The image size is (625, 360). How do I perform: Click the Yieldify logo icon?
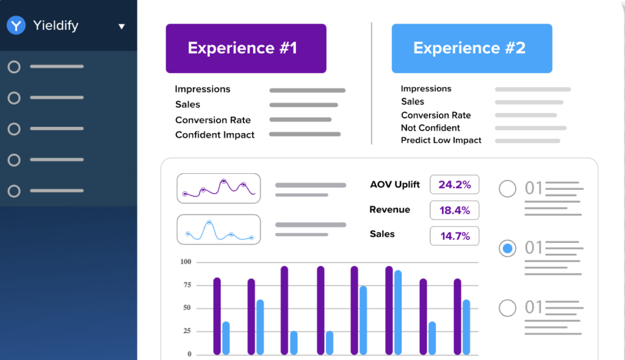16,26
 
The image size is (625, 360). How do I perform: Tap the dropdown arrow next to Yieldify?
121,26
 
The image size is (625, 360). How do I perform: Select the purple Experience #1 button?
246,48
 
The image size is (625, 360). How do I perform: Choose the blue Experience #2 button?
472,48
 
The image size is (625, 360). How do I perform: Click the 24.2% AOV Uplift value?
455,184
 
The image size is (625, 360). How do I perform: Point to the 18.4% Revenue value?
455,211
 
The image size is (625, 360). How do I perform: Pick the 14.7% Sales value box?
455,236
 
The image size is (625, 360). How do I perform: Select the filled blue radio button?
507,248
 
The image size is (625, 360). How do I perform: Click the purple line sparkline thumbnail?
219,189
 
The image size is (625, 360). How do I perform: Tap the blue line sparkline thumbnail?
219,229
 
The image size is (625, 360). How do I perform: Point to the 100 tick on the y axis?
186,262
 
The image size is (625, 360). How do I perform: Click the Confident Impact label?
215,135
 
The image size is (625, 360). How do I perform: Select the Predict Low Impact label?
441,140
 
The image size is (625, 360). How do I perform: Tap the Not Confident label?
431,128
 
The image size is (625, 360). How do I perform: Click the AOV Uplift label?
395,184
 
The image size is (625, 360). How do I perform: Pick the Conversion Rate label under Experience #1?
213,120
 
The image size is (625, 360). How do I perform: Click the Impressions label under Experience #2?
426,88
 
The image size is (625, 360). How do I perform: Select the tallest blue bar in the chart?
398,312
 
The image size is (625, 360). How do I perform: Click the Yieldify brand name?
56,26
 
